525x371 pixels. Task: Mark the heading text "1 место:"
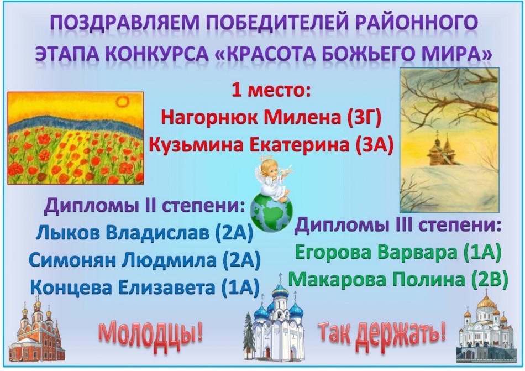[271, 91]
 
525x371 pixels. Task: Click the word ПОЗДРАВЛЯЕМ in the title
[124, 23]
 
